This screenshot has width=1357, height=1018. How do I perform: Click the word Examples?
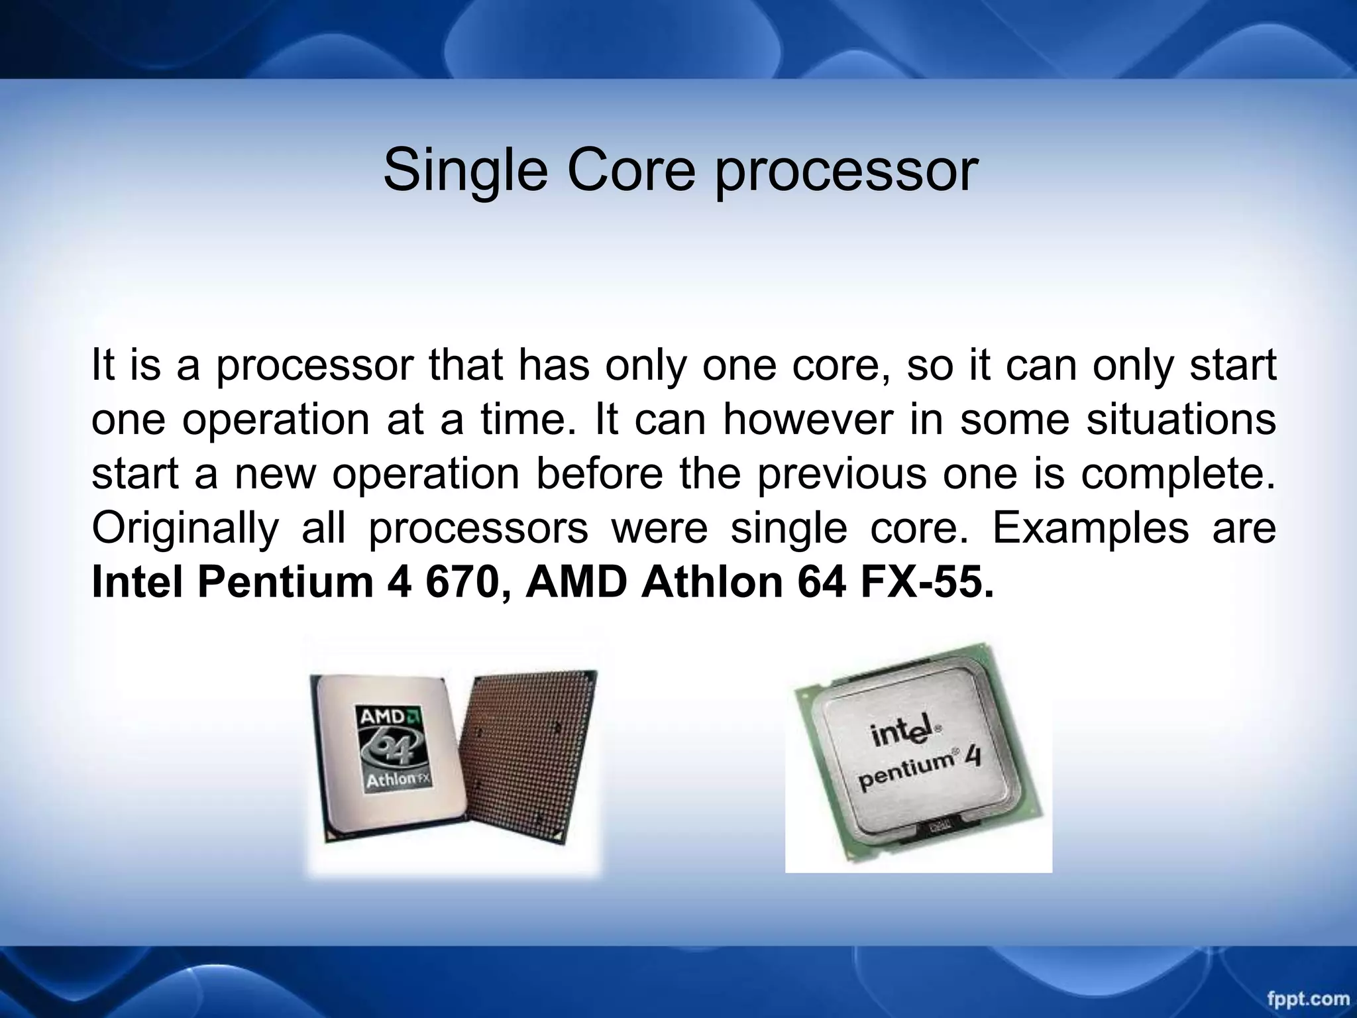point(1090,529)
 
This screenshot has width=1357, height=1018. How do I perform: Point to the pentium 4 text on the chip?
point(918,770)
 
